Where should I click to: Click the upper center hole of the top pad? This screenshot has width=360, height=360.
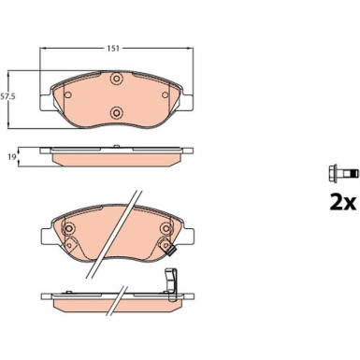[117, 79]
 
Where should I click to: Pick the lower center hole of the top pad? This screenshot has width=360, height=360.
[117, 112]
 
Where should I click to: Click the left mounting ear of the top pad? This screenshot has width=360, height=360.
[43, 98]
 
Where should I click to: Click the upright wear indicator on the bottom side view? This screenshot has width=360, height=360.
[169, 280]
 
